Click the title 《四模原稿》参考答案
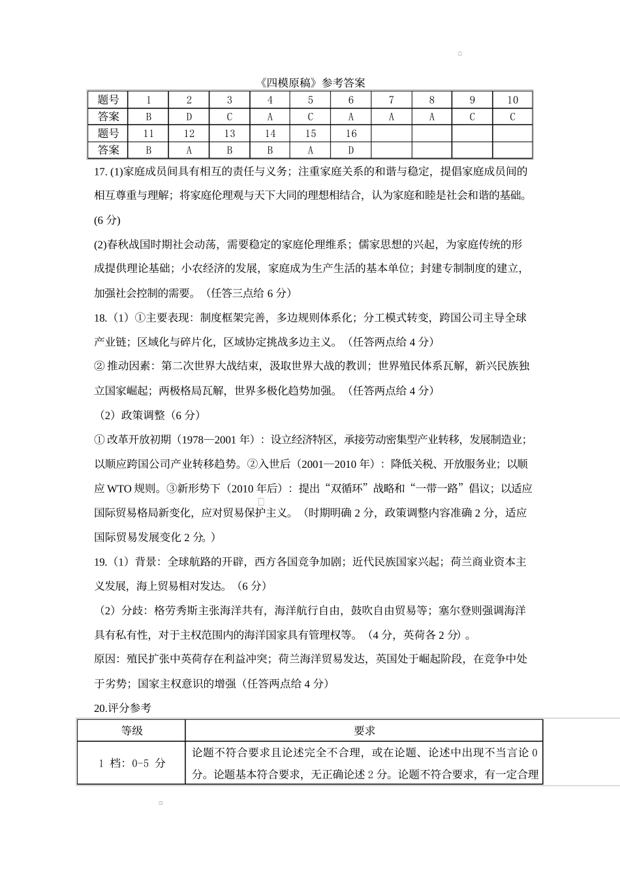[311, 82]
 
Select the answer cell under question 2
[189, 117]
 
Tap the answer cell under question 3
[229, 117]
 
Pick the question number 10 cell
[512, 100]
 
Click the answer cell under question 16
[350, 150]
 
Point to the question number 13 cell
[229, 134]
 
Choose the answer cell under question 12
[189, 150]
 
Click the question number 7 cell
[391, 100]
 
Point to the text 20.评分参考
[123, 707]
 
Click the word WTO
[119, 488]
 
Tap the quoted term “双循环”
[338, 488]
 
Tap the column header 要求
[364, 730]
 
